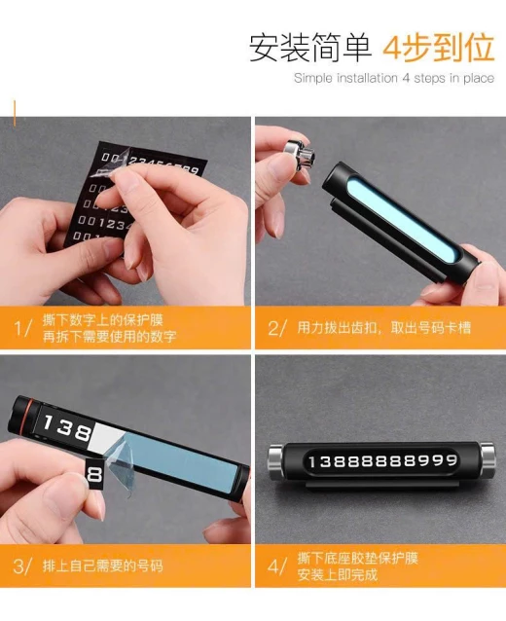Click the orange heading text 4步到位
pos(438,49)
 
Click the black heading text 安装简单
pos(310,49)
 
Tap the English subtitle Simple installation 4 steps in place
pos(394,78)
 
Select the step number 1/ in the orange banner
pos(22,328)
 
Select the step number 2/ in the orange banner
pos(276,328)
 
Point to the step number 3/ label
pos(22,566)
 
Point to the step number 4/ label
pos(276,566)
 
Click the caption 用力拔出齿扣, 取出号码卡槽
pos(384,328)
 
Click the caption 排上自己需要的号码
pos(103,566)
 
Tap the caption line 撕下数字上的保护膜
pos(103,320)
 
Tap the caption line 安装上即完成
pos(338,574)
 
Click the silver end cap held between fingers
pos(301,155)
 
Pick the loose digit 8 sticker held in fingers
pos(94,473)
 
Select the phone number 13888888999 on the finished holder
pos(382,461)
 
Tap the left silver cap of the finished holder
pos(276,459)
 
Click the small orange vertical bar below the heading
pos(15,113)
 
